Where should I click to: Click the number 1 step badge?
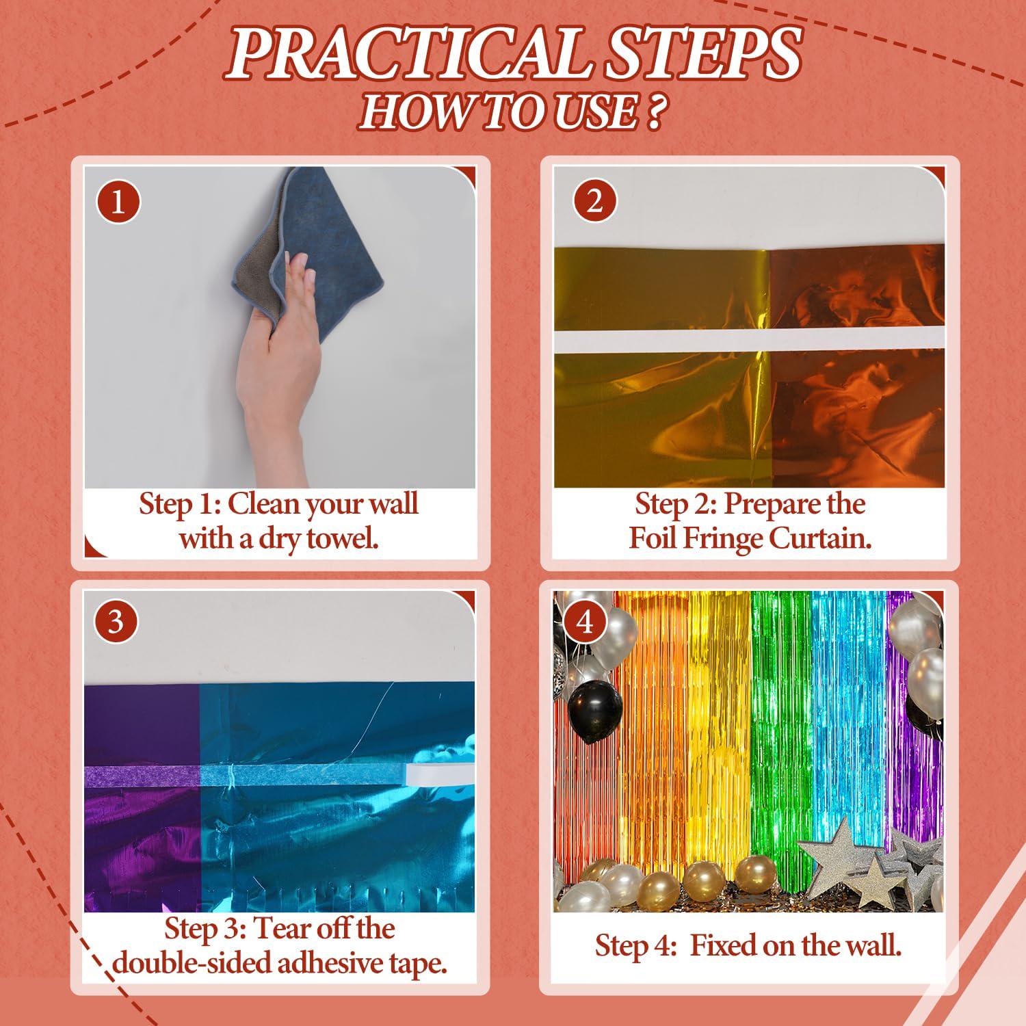(x=118, y=202)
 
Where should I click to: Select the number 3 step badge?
(x=115, y=622)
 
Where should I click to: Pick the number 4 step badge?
(x=585, y=623)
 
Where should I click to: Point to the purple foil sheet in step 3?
(x=142, y=797)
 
